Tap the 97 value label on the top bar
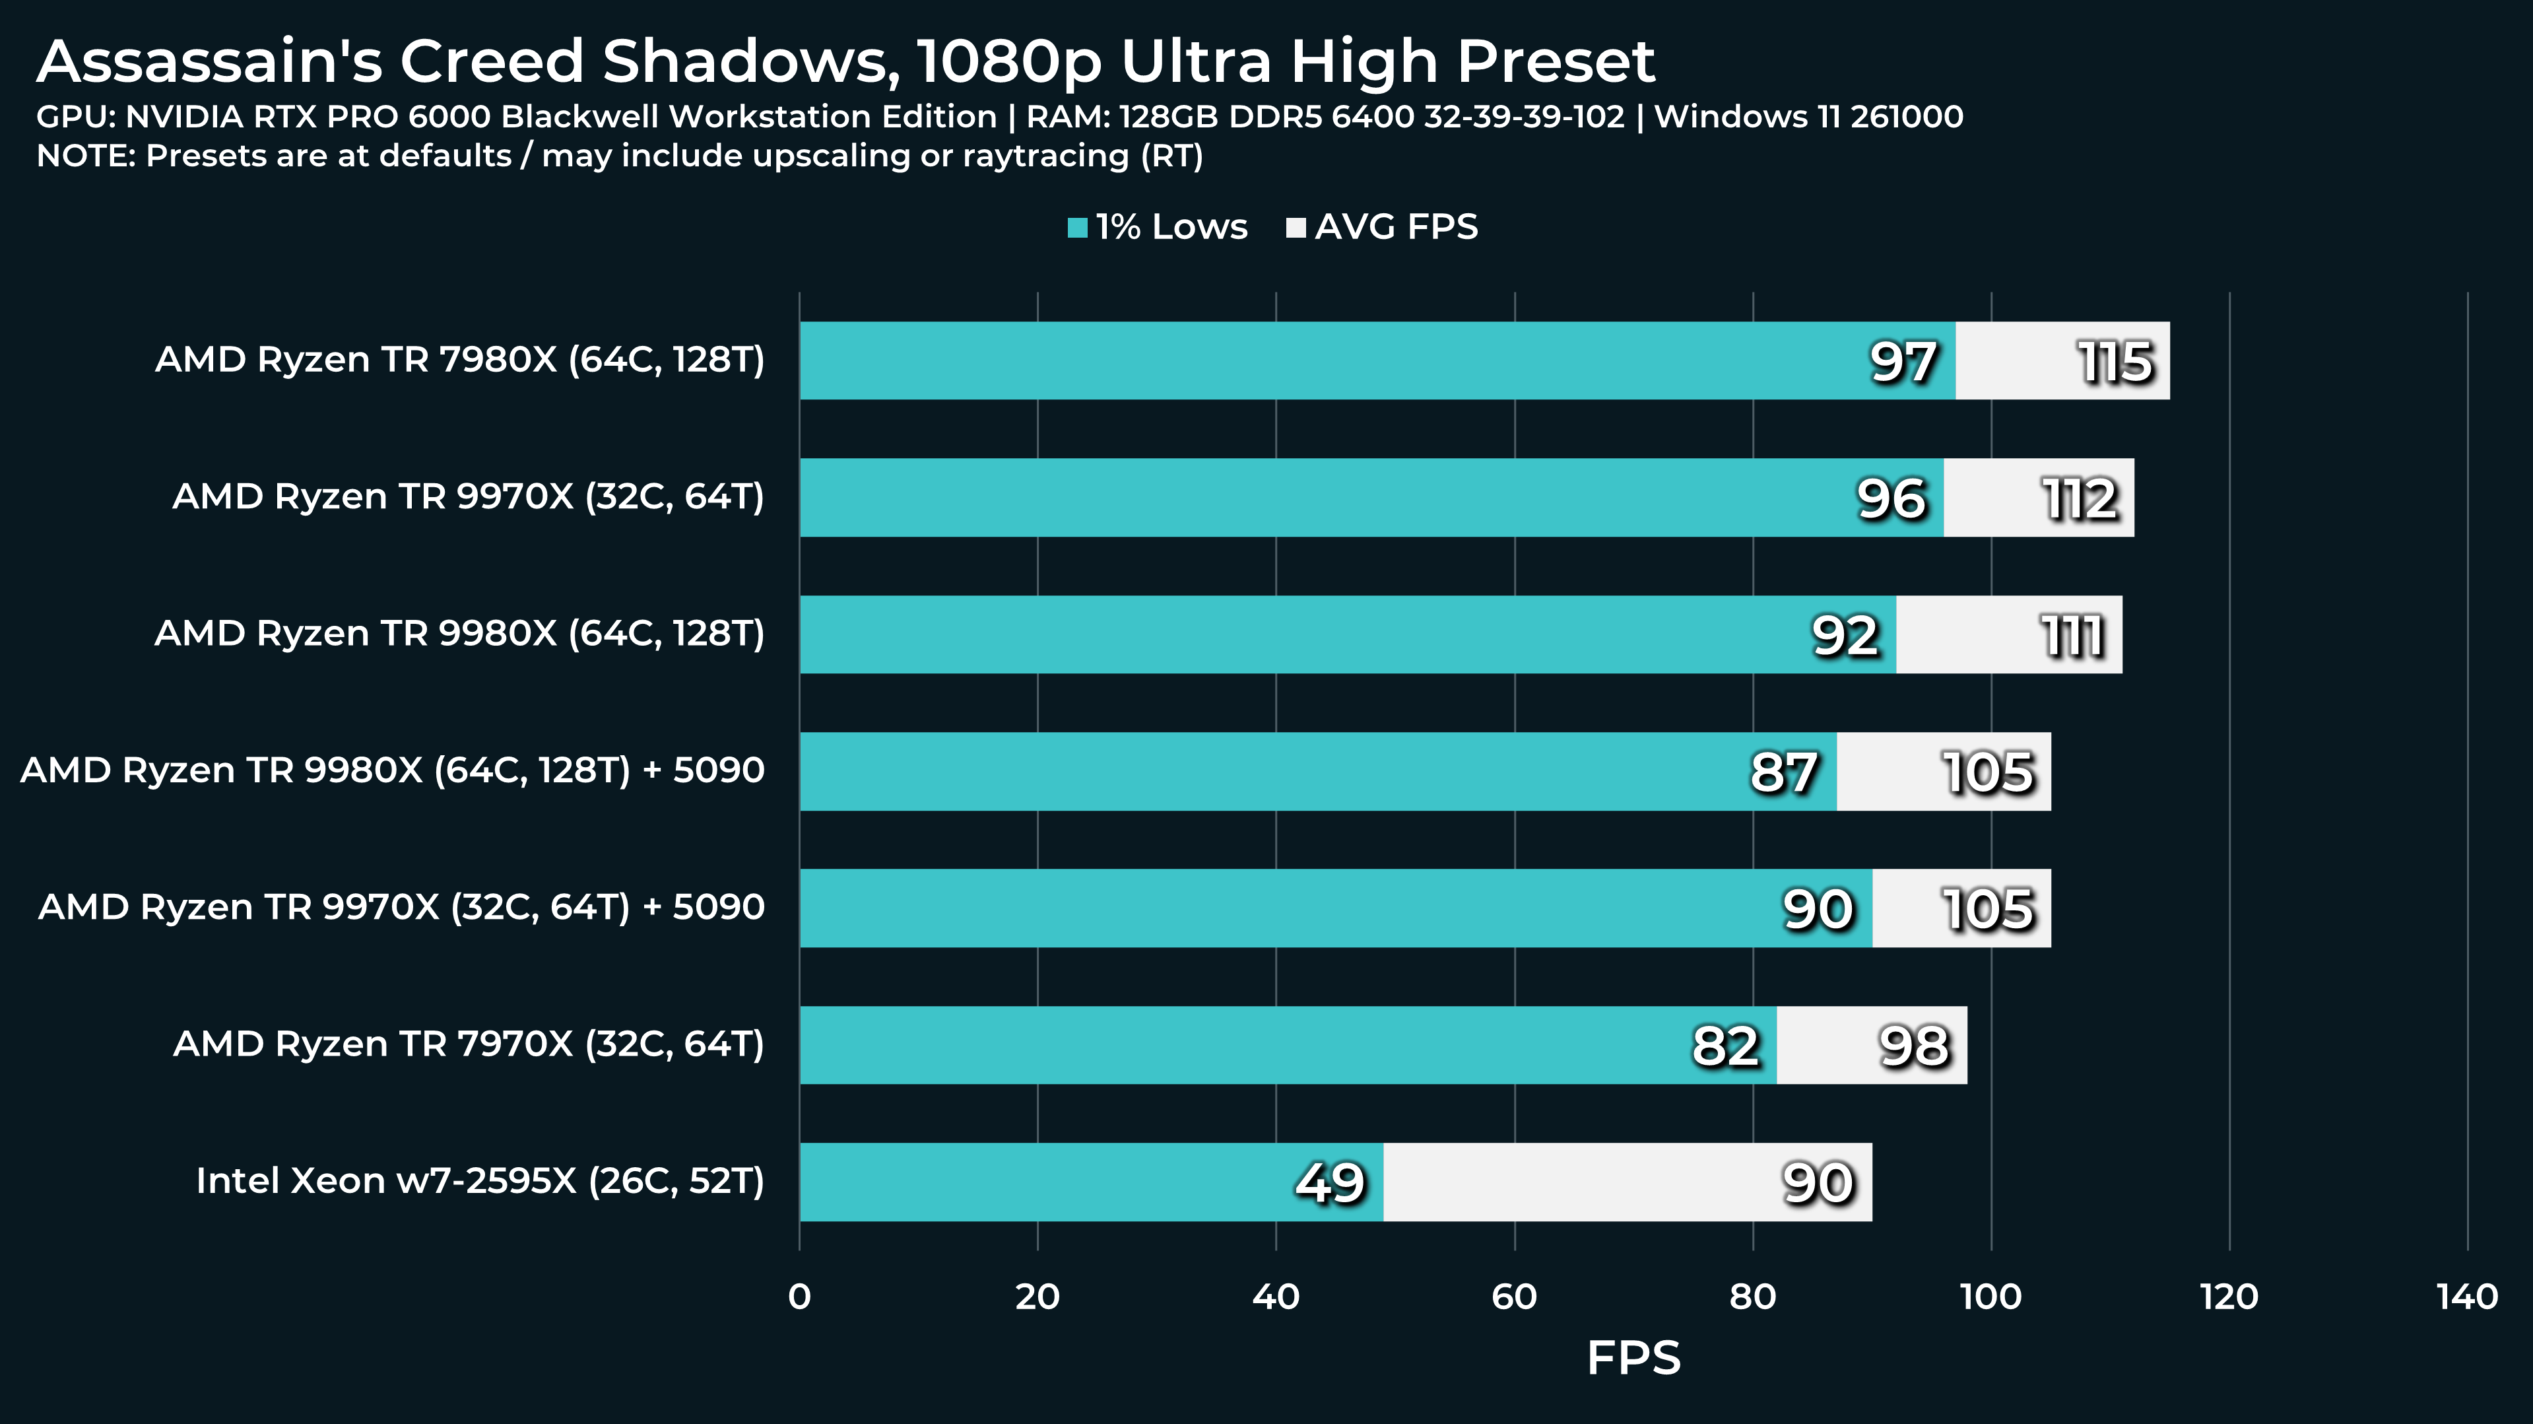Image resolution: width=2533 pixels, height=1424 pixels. coord(1903,362)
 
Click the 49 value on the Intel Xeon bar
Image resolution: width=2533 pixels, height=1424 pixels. coord(1329,1183)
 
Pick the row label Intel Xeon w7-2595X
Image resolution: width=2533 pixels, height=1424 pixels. coord(480,1181)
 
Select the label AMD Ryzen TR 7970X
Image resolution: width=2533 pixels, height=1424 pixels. coord(468,1044)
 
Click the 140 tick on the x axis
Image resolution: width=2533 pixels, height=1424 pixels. coord(2467,1297)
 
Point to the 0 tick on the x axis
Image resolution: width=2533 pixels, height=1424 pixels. coord(799,1297)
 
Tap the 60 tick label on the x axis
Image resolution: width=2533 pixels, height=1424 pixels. coord(1514,1297)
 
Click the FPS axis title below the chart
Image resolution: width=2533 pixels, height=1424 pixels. coord(1633,1358)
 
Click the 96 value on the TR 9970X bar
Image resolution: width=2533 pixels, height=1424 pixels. coord(1891,498)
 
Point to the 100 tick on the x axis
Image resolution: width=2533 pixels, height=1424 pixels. coord(1991,1297)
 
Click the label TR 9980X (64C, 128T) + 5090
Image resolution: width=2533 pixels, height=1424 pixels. coord(392,770)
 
